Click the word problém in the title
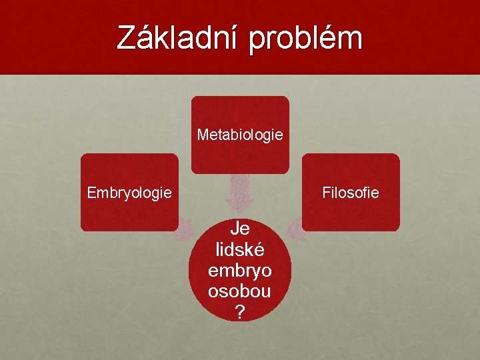point(306,38)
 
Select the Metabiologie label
point(240,135)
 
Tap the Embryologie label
point(129,193)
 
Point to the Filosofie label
point(351,193)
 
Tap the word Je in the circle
point(240,229)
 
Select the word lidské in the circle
point(240,249)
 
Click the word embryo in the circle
point(240,271)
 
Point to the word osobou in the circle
point(240,291)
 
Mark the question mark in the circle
point(240,311)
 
